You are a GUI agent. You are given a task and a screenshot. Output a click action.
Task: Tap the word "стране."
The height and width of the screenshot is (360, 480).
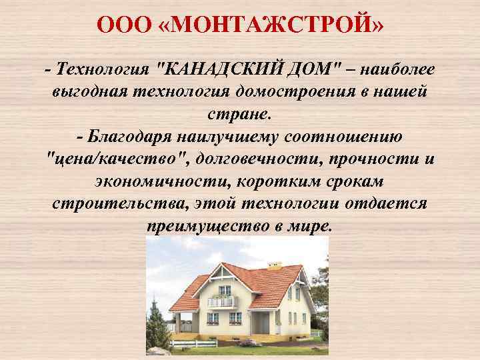239,114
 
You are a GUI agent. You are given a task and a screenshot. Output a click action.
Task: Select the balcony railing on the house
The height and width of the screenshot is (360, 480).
221,302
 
